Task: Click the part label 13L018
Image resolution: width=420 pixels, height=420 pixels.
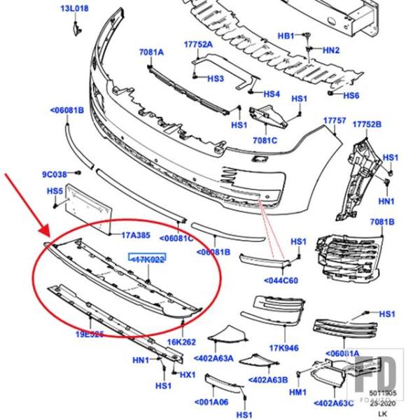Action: pos(74,8)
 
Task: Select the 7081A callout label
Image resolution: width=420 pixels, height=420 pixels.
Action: pos(150,52)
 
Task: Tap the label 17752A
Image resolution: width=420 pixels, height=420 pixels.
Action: pos(198,43)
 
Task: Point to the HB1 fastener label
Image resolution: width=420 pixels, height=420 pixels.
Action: pos(286,35)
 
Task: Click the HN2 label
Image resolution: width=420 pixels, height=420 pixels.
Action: pos(330,50)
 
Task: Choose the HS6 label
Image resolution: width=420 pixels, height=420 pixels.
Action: pos(351,95)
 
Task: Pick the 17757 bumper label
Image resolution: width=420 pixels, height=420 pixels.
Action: pos(335,121)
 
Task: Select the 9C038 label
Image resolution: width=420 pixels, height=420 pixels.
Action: pos(55,174)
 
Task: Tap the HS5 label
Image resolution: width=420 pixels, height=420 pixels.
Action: pos(55,190)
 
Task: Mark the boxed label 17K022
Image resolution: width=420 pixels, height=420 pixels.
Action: pos(146,259)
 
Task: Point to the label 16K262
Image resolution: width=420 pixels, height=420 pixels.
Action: pos(181,342)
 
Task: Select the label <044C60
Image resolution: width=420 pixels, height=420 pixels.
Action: pos(281,281)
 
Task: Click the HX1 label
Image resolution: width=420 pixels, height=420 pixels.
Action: pos(188,374)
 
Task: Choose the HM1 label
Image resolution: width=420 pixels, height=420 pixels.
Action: pos(297,393)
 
